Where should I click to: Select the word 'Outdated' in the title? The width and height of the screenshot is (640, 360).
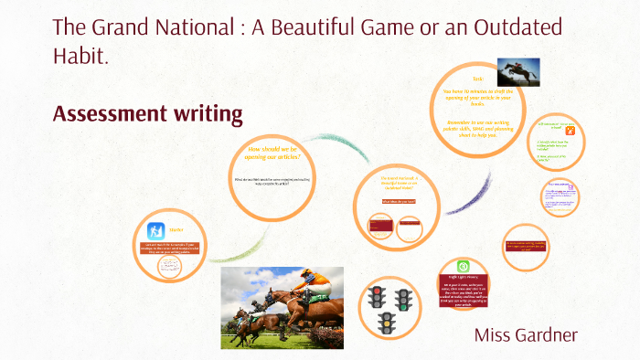[515, 27]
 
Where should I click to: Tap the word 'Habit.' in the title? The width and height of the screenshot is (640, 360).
[80, 57]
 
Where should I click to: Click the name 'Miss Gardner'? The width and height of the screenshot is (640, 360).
[526, 334]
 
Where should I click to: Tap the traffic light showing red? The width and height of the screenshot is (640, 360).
[375, 297]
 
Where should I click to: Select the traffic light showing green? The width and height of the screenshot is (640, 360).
[402, 297]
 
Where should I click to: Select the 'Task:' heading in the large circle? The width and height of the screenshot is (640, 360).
[477, 79]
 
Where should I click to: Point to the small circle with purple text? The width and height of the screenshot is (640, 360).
[559, 195]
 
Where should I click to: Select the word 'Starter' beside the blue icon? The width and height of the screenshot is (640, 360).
[177, 230]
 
